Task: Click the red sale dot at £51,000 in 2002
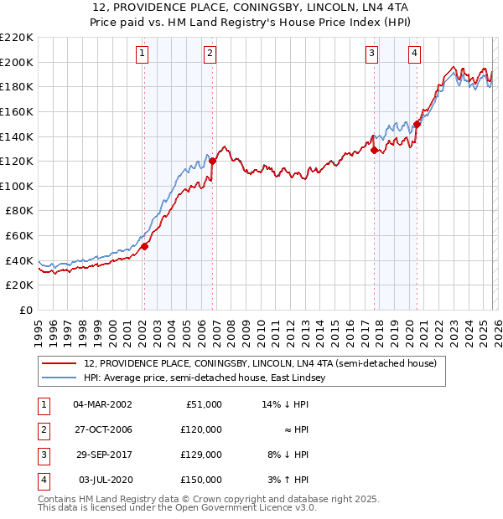[144, 246]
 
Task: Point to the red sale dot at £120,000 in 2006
[213, 161]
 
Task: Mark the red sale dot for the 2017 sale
[375, 150]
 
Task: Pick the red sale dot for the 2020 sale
[416, 124]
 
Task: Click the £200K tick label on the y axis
[17, 62]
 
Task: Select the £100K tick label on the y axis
[17, 186]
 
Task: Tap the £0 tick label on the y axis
[26, 310]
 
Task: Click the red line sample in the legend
[60, 363]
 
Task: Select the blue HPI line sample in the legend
[60, 378]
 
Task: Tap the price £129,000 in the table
[201, 455]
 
